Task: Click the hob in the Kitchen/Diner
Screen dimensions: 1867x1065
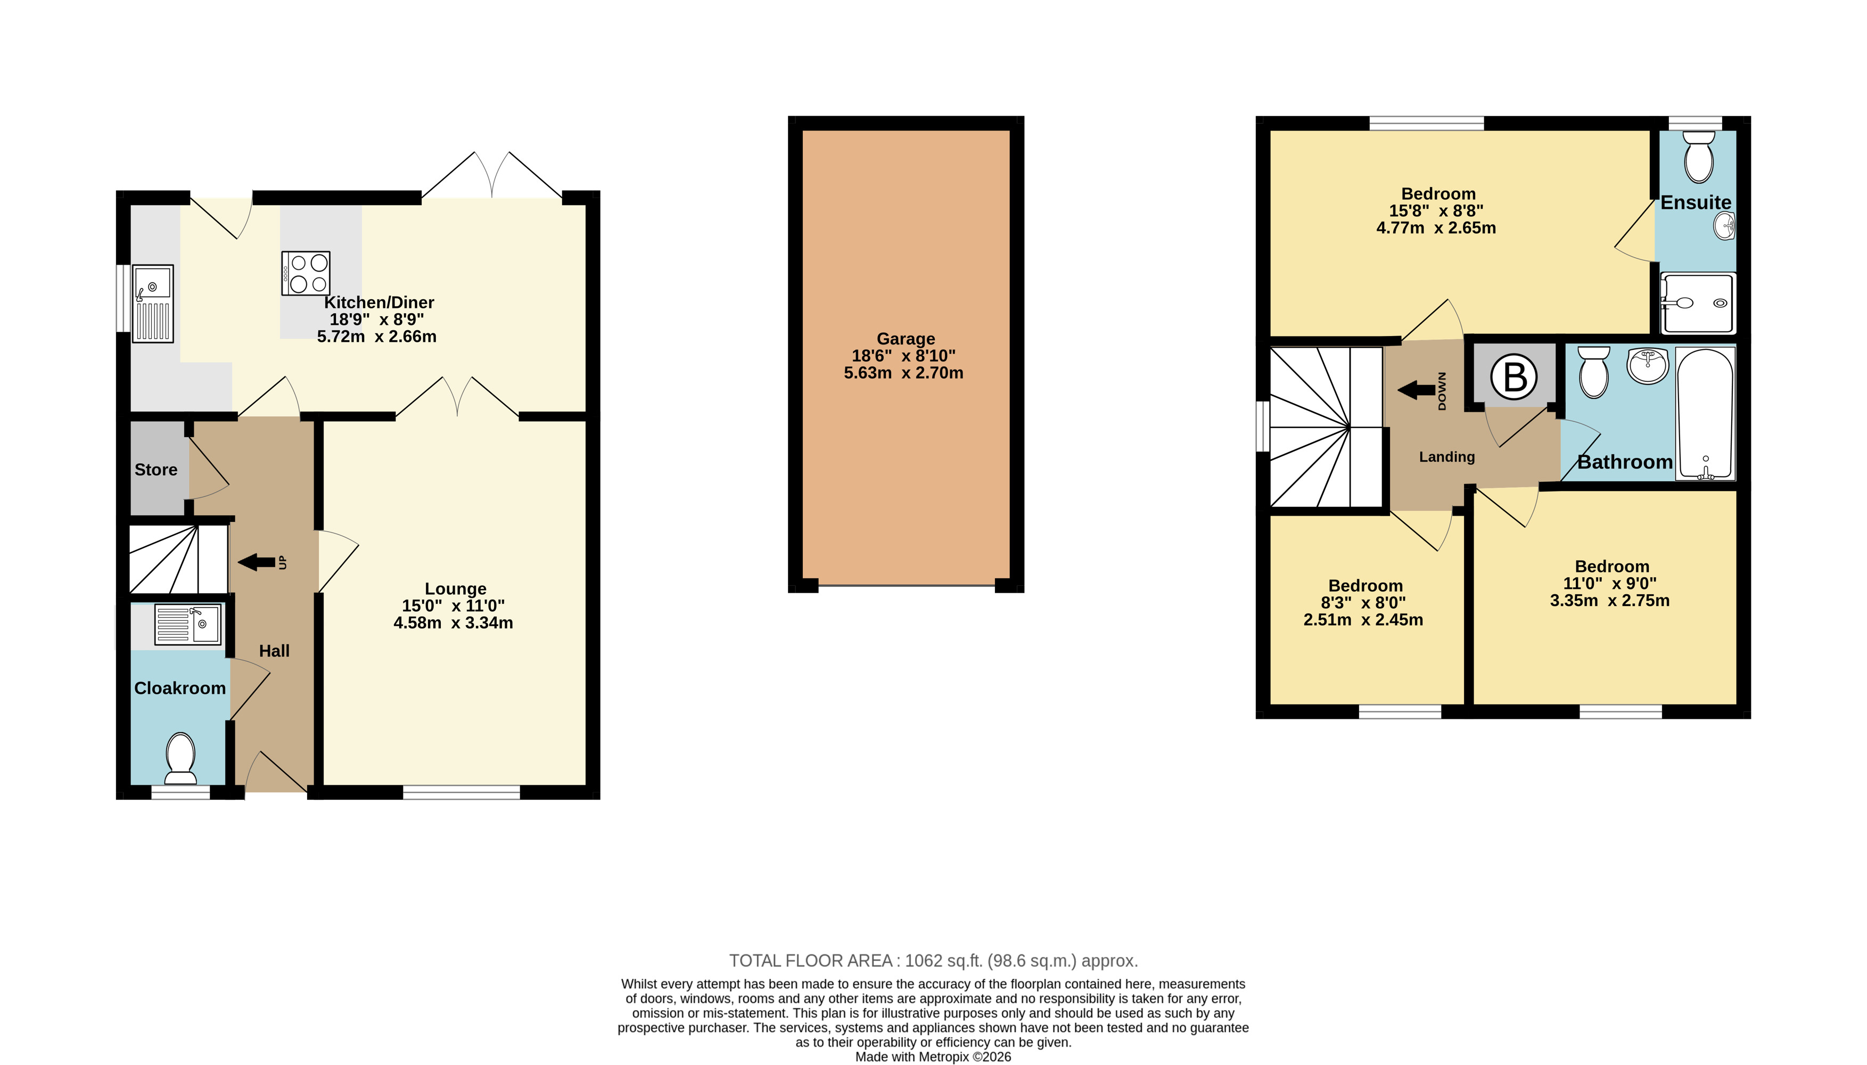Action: pos(306,273)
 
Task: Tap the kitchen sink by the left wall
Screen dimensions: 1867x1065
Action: pos(153,304)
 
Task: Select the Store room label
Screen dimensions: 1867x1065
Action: pos(156,470)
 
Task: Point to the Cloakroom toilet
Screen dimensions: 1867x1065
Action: pos(180,758)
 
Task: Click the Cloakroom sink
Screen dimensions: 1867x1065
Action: pos(188,624)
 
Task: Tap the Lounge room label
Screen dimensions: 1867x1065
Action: pos(456,589)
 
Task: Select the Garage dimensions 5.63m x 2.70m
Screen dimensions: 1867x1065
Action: pos(904,373)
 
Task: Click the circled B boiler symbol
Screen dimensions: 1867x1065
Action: pos(1514,378)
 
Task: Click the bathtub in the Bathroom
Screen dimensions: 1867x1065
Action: pos(1705,414)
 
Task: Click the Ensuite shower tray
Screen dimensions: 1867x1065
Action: pos(1698,303)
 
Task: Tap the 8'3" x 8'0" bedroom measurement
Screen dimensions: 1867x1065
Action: pos(1363,603)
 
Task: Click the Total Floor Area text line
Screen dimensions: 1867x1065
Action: pos(933,961)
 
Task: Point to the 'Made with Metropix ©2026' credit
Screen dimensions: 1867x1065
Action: pos(933,1057)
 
